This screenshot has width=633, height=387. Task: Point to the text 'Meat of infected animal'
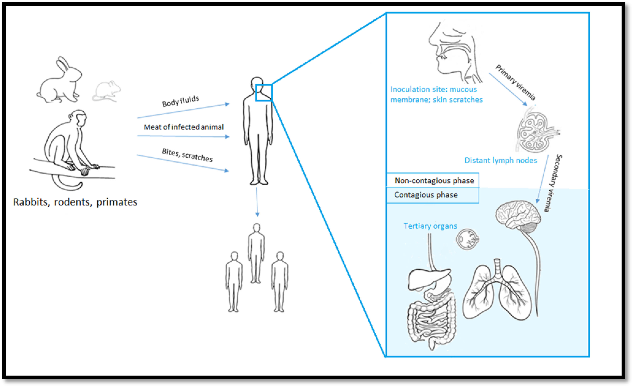pos(184,127)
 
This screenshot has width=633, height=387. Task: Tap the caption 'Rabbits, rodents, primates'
pos(75,202)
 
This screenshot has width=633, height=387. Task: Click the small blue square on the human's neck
pos(263,93)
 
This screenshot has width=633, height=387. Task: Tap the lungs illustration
pos(497,292)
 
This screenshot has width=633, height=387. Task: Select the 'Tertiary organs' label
pos(430,226)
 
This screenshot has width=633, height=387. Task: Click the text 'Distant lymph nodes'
pos(501,160)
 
